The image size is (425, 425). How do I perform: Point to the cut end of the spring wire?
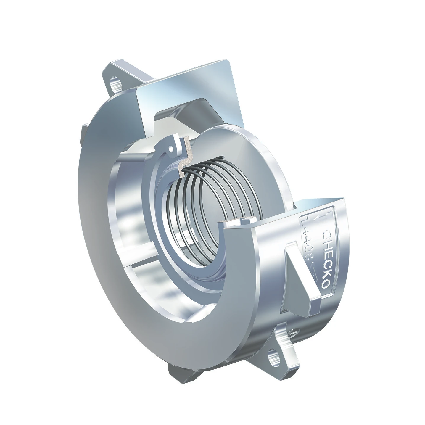[184, 171]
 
